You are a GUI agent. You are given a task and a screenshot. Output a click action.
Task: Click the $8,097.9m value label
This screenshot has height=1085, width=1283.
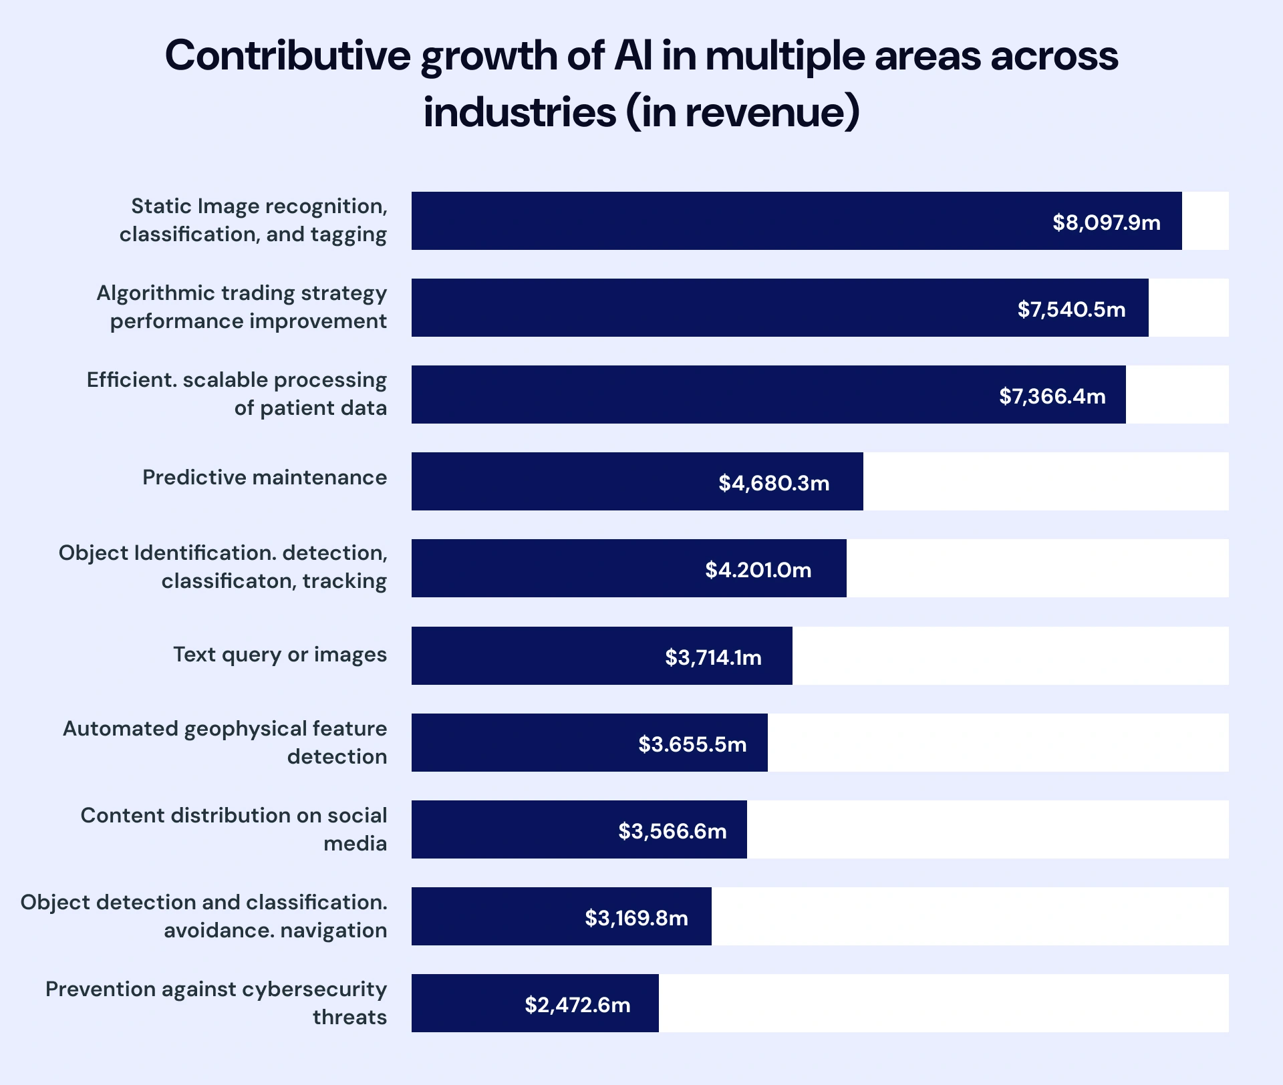pos(1106,222)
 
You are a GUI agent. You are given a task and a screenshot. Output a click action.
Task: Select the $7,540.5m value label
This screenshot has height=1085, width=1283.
pos(1071,309)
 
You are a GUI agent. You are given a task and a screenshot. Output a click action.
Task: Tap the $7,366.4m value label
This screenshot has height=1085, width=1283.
pos(1052,396)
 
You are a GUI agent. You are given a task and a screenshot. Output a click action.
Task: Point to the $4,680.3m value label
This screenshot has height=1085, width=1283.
pos(773,483)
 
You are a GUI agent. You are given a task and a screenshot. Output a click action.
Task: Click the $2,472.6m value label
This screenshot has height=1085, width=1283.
pos(577,1005)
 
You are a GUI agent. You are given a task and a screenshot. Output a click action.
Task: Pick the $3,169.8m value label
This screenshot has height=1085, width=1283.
pos(636,918)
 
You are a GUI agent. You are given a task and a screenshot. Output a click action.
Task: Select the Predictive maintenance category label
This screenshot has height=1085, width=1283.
pos(265,478)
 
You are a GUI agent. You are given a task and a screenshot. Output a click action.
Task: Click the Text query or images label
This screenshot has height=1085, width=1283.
pos(280,655)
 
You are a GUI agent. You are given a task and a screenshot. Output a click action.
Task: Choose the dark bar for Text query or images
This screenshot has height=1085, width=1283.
pos(535,656)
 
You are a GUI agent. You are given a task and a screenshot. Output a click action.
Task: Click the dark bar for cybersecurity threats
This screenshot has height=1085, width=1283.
pos(468,1003)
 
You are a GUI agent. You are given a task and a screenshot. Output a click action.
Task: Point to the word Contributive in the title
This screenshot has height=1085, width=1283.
pos(287,55)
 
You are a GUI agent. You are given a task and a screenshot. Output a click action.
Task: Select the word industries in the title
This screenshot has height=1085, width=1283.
pos(519,112)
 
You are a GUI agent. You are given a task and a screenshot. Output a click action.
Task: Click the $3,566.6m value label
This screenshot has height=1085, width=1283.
pos(672,831)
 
